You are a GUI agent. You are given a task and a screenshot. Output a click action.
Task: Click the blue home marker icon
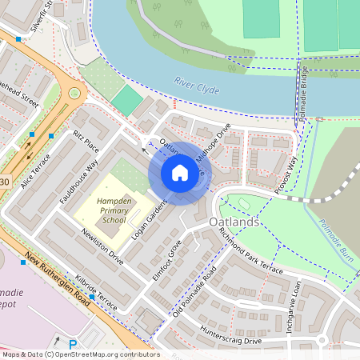click(x=180, y=172)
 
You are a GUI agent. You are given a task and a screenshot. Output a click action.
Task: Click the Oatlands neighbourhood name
click(x=233, y=222)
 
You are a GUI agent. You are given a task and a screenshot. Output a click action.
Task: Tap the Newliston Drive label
click(x=102, y=246)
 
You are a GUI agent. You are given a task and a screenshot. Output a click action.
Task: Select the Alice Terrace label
click(x=35, y=171)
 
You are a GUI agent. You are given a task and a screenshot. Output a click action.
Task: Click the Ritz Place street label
click(x=86, y=142)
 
